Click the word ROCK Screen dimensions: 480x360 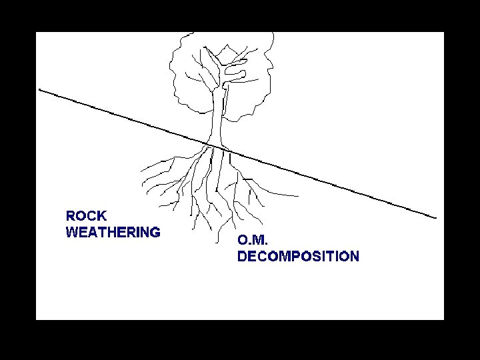(x=86, y=216)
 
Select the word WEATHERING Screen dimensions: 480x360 (x=113, y=233)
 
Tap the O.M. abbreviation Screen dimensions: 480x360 (x=253, y=241)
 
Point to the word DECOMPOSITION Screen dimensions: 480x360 (x=298, y=257)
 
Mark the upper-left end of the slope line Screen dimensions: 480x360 (x=40, y=89)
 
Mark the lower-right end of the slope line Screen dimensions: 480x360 (x=436, y=217)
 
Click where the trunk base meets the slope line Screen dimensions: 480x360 (x=215, y=145)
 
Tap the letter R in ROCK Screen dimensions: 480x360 (x=71, y=216)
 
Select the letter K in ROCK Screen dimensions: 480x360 (x=101, y=216)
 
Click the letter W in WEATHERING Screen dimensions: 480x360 (x=72, y=233)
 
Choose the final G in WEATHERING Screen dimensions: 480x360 (x=155, y=233)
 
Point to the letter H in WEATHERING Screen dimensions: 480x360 (x=108, y=233)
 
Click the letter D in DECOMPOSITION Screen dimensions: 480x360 (x=243, y=257)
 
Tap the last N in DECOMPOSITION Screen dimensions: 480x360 (x=354, y=257)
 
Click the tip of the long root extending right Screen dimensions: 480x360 (x=298, y=195)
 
